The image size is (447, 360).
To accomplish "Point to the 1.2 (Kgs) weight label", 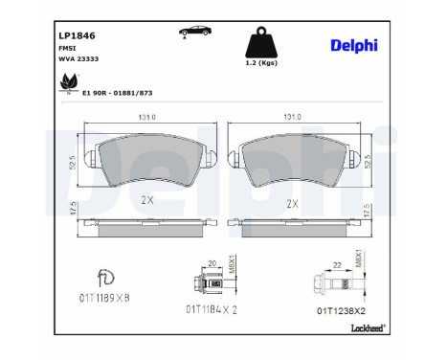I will (260, 63).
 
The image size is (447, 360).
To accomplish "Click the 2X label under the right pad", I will (292, 204).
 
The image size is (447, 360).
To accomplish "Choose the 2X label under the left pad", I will (146, 201).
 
